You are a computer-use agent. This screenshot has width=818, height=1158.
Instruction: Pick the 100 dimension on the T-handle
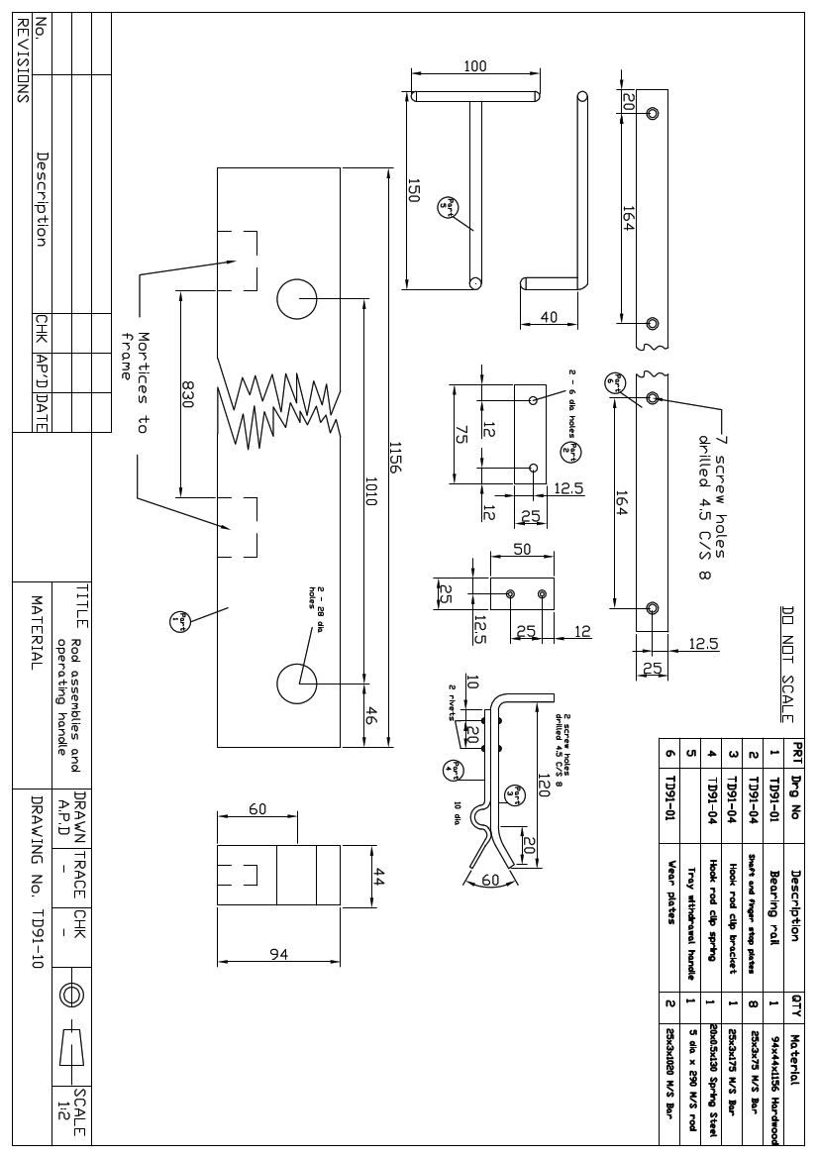click(x=475, y=65)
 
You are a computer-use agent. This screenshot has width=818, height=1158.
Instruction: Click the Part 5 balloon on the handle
click(x=447, y=206)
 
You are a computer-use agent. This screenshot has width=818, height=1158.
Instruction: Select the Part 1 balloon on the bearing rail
click(x=180, y=619)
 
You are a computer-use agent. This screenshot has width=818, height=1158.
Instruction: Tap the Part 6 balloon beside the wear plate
click(x=613, y=381)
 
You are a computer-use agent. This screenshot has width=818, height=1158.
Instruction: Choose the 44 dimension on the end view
click(x=379, y=875)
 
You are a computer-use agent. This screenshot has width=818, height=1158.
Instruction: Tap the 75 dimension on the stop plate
click(x=461, y=435)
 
